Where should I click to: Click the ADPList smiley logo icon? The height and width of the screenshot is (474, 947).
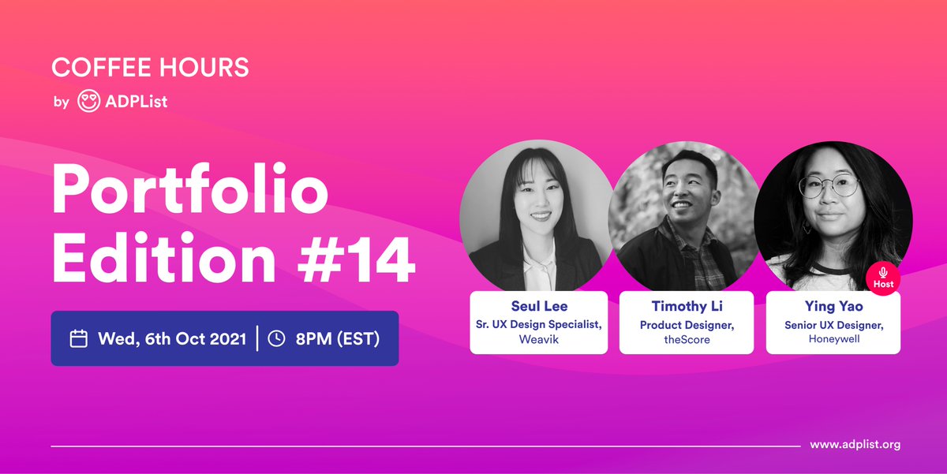[x=88, y=101]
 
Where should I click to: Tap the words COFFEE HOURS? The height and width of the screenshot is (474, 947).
[x=150, y=68]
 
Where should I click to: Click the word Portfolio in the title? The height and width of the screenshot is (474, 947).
[x=189, y=190]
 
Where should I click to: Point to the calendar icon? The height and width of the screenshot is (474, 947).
[x=79, y=339]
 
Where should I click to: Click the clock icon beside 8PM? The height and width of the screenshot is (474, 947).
[x=276, y=339]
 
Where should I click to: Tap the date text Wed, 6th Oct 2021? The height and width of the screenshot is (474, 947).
[x=173, y=339]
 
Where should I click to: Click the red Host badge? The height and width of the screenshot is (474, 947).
[x=884, y=278]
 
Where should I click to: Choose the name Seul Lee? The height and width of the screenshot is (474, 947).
[x=538, y=306]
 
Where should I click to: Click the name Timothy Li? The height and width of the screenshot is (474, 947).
[x=687, y=306]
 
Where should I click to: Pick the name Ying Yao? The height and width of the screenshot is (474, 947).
[x=833, y=306]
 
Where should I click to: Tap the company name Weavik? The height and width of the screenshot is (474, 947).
[x=538, y=339]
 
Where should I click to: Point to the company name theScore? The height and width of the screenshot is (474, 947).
[x=687, y=339]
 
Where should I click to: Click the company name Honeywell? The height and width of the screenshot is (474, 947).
[x=833, y=339]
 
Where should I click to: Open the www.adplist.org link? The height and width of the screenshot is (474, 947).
[x=855, y=445]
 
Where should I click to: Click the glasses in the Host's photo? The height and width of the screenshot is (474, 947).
[x=828, y=187]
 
